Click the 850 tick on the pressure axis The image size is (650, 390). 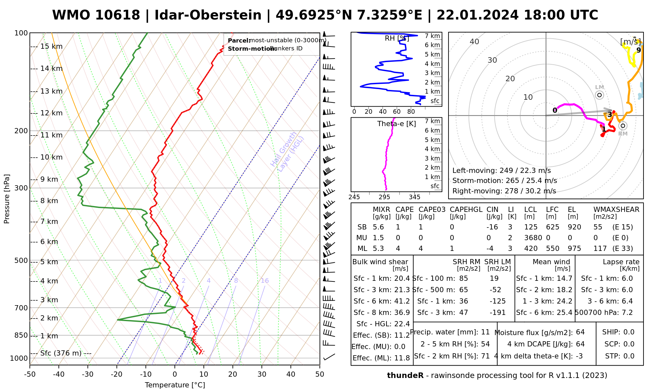(21, 335)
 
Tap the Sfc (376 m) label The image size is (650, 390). (61, 353)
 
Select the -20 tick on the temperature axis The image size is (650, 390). (117, 374)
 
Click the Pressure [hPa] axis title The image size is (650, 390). (7, 199)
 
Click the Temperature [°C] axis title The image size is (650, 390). (175, 385)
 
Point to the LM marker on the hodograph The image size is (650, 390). (599, 95)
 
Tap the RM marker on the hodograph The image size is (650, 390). (623, 126)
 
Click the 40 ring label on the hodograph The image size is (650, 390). (474, 42)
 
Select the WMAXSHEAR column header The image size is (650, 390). (616, 210)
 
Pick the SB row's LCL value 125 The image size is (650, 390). (531, 227)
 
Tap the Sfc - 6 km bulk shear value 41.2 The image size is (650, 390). (402, 301)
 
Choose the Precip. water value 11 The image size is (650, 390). (485, 332)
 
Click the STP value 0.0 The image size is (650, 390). (629, 356)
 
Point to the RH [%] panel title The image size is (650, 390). (397, 38)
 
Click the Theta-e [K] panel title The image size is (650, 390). (396, 124)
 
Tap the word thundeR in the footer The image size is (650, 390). (405, 376)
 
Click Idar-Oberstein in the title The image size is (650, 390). (208, 15)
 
